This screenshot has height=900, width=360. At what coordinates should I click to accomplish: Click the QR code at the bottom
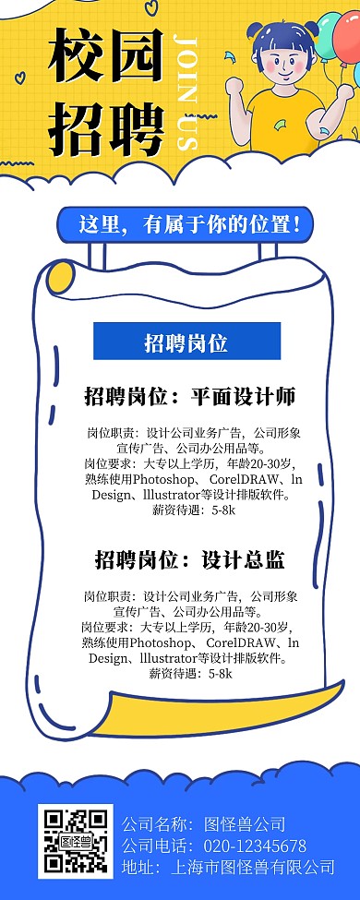tap(75, 840)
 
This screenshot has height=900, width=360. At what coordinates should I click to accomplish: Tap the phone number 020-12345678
tap(255, 846)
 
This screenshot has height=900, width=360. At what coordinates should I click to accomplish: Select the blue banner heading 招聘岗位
tap(186, 343)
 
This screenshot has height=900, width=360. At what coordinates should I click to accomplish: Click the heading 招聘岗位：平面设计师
tap(189, 398)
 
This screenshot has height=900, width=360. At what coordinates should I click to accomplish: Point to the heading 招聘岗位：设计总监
tap(189, 559)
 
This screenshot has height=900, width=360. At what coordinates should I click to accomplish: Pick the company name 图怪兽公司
tap(245, 824)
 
